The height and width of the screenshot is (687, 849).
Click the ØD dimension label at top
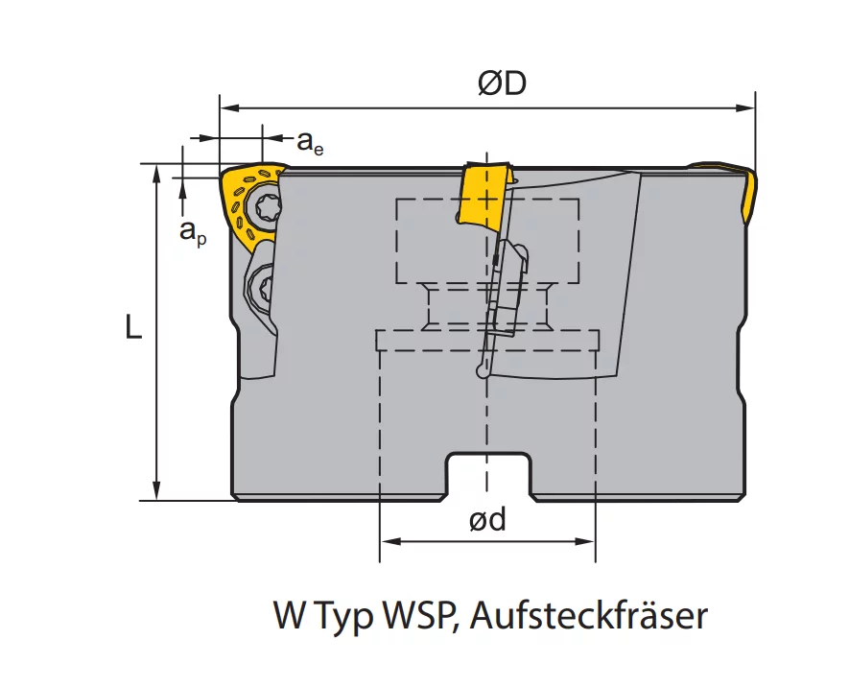(x=502, y=83)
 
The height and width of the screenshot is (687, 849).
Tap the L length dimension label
(x=133, y=326)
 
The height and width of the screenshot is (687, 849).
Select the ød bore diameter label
(x=487, y=520)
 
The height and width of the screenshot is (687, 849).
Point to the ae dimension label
(x=310, y=142)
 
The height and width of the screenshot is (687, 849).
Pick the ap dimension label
(x=193, y=231)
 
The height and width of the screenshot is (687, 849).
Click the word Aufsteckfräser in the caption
(x=589, y=616)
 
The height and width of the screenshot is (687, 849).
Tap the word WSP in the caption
(x=421, y=616)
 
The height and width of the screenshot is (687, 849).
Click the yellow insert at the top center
(x=483, y=195)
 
